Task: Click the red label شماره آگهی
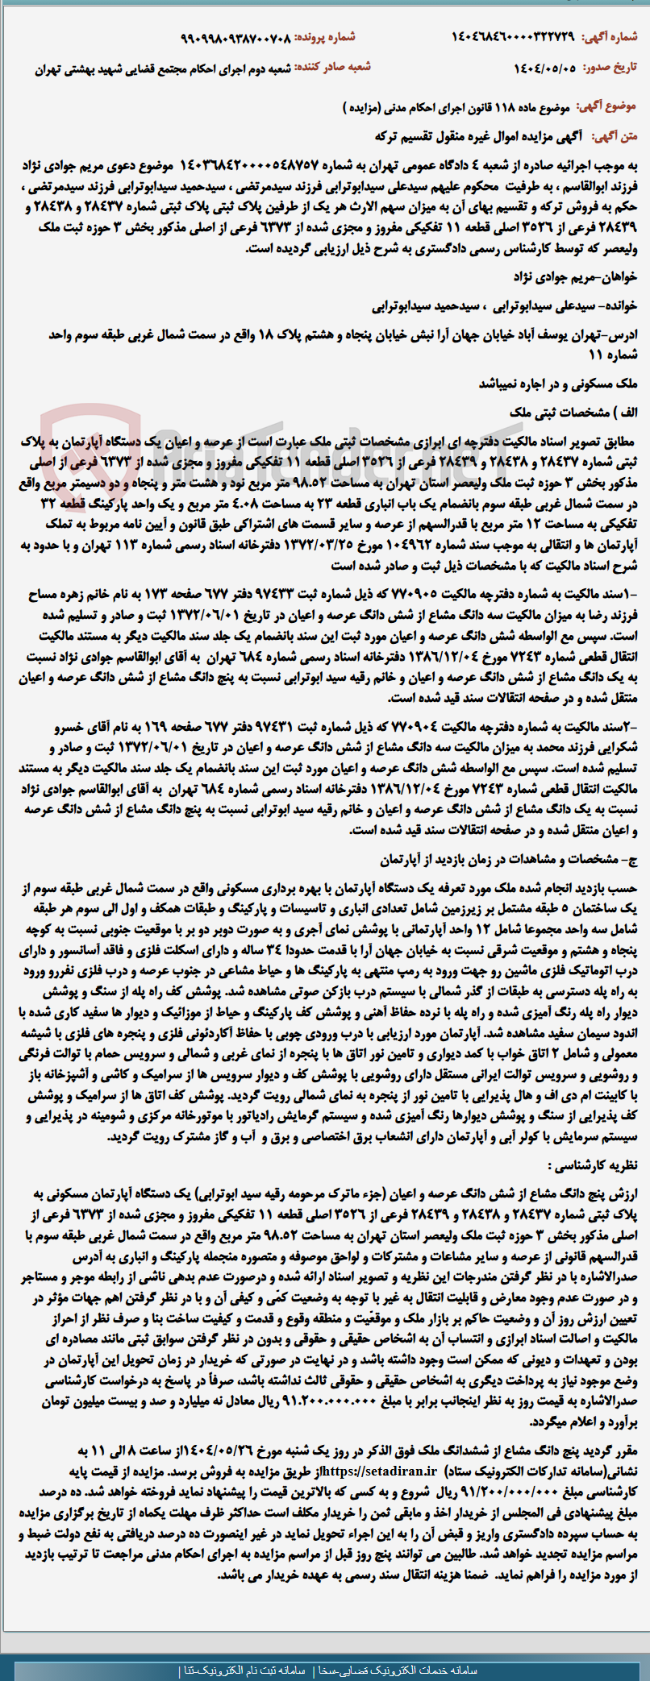[x=614, y=37]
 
